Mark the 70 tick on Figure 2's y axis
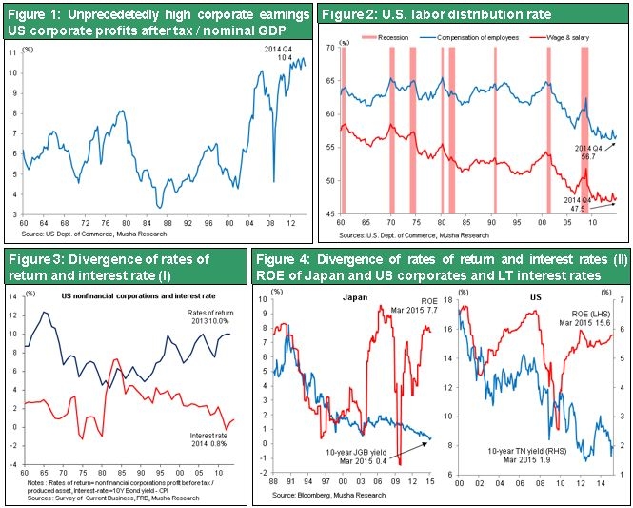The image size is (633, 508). click(x=330, y=46)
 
